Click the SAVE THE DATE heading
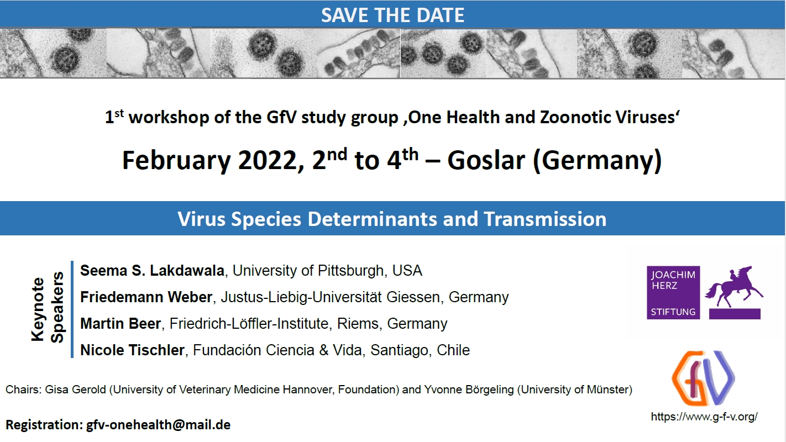392,15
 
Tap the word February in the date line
176,161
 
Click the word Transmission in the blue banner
545,219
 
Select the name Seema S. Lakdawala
153,271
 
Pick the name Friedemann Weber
146,297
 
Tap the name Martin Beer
120,323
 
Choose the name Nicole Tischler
132,350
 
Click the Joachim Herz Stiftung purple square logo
673,293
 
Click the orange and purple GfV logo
703,378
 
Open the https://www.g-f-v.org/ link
704,417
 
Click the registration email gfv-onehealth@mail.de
158,425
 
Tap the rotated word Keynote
38,309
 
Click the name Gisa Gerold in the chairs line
75,390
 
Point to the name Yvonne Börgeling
469,390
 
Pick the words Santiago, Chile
420,350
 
